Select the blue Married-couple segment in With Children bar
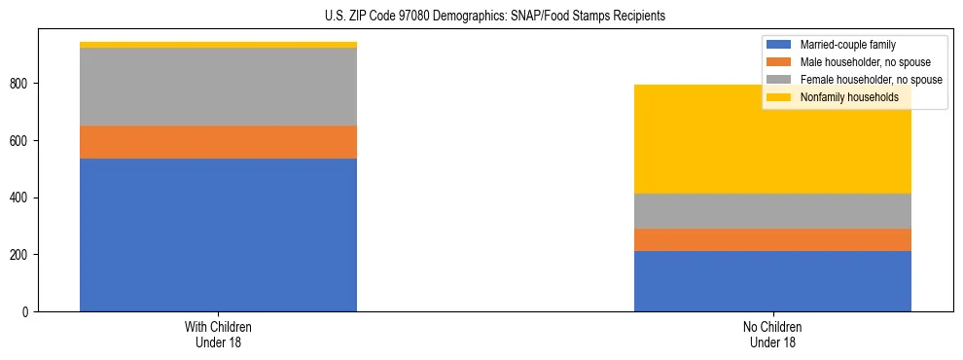[218, 234]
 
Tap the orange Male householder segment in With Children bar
[218, 142]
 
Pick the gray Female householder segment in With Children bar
[218, 87]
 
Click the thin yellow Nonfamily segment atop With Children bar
[218, 45]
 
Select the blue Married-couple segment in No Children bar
[772, 281]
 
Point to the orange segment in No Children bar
[772, 239]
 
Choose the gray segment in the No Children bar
[772, 211]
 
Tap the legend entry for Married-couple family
[847, 45]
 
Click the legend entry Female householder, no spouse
[870, 80]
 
